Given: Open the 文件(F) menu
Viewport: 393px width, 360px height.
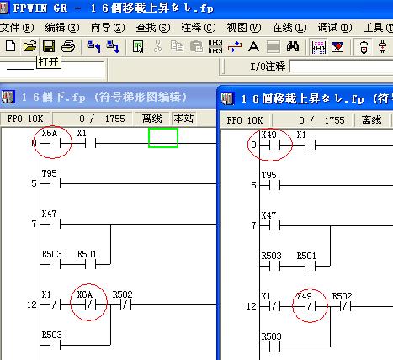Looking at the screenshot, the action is (x=17, y=28).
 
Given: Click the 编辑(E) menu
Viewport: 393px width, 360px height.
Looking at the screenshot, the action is (x=62, y=28).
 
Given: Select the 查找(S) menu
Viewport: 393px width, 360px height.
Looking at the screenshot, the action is (x=153, y=28).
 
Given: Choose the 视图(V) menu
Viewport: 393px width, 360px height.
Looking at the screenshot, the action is (x=244, y=28).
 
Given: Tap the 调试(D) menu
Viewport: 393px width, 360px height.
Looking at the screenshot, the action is (x=335, y=28).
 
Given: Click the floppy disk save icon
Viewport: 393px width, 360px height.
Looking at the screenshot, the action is (x=49, y=46).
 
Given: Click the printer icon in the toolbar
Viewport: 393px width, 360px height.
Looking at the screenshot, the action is (x=68, y=46).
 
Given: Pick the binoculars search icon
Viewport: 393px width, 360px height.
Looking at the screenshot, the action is (x=293, y=46).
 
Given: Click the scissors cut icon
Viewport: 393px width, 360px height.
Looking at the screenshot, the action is (x=157, y=46).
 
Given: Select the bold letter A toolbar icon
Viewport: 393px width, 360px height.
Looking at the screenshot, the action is (x=253, y=46).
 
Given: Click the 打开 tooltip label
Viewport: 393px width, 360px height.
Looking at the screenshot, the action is (x=49, y=62).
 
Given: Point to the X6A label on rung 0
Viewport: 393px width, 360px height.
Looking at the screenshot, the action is (x=50, y=133).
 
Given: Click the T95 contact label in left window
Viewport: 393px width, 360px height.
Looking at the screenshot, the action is (x=50, y=173).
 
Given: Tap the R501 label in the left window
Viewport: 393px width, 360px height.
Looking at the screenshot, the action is (x=87, y=254).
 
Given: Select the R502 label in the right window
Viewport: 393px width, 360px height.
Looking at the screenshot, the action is (x=342, y=296).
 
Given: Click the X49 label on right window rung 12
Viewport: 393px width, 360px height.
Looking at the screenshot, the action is (x=305, y=296).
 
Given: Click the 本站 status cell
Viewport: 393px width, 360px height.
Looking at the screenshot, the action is (x=183, y=119).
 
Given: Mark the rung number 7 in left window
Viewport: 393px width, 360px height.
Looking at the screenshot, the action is (x=34, y=224).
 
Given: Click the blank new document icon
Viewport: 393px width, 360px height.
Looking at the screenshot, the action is (x=10, y=46).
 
